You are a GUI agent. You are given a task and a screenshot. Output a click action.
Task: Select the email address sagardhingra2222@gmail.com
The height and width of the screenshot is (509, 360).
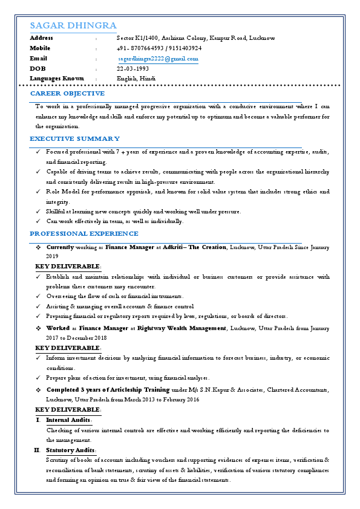158,59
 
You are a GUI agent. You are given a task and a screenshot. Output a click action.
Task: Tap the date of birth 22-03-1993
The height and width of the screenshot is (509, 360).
133,68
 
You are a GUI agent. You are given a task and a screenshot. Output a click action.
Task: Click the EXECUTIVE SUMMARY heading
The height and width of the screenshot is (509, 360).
75,138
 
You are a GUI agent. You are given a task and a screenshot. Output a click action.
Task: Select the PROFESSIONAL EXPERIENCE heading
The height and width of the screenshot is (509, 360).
84,233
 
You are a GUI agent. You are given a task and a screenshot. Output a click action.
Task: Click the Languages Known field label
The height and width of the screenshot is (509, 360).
57,79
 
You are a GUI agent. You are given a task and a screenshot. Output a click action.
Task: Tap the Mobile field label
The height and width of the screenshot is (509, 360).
40,48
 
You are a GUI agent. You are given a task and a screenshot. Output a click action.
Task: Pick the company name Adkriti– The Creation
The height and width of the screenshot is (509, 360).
195,247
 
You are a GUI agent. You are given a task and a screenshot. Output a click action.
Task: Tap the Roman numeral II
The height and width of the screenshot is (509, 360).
37,450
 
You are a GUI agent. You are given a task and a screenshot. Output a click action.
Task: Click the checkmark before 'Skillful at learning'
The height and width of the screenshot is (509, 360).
39,212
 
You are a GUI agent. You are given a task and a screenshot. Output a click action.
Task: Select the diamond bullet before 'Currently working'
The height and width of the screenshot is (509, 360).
38,247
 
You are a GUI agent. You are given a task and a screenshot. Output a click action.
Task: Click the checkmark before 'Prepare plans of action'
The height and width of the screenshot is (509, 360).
39,377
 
